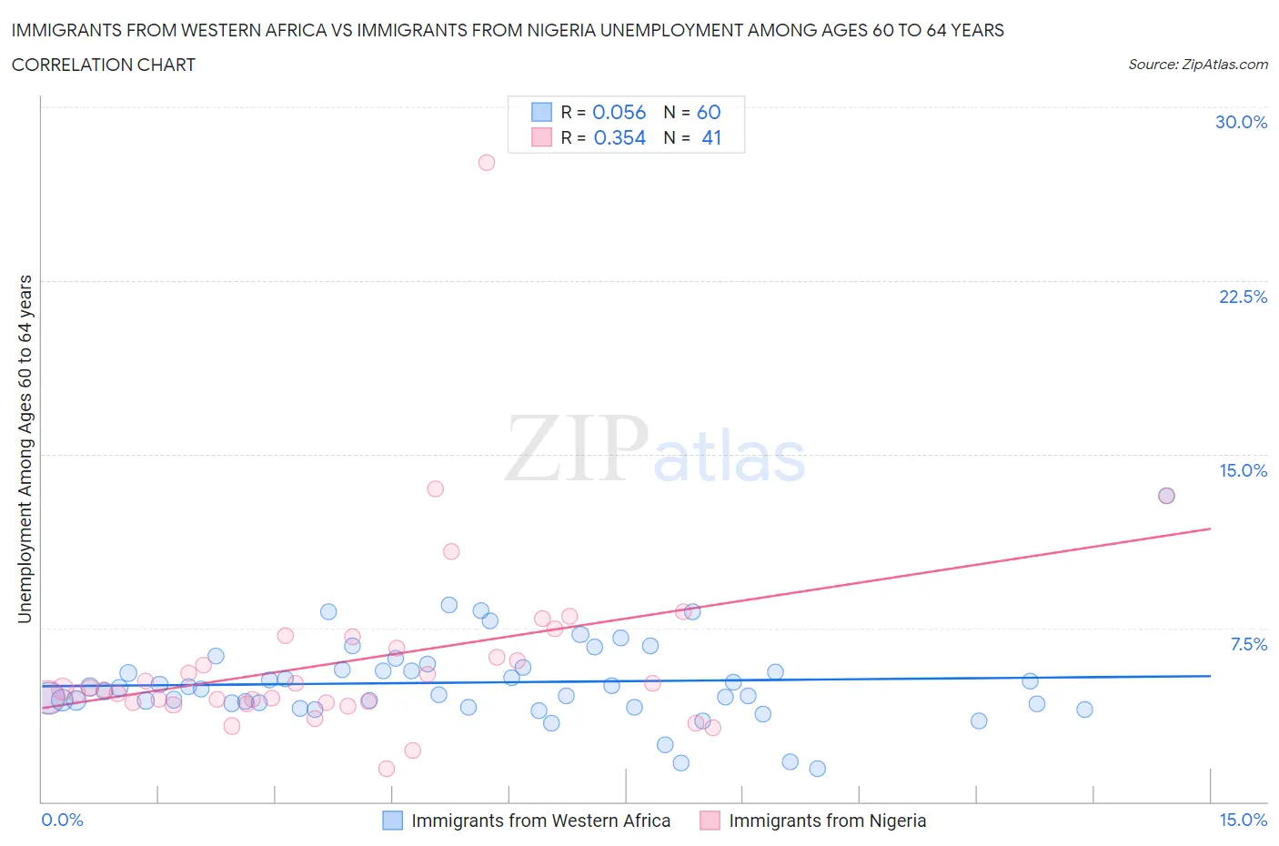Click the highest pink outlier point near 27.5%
487,163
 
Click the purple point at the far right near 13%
1166,496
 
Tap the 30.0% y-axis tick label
1241,122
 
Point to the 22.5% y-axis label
1243,297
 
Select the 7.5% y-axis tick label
1248,644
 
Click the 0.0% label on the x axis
62,820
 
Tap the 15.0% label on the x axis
1243,820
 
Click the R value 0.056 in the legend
619,112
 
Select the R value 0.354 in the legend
619,137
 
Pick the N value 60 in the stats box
709,112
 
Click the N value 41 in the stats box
711,137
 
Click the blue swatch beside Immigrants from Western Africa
392,821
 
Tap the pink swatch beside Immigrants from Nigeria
710,821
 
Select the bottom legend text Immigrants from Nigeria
827,821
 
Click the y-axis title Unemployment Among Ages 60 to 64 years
25,448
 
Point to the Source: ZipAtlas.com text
1197,64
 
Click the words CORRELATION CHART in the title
104,65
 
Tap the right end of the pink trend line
1210,529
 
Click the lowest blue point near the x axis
817,769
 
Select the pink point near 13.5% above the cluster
435,488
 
